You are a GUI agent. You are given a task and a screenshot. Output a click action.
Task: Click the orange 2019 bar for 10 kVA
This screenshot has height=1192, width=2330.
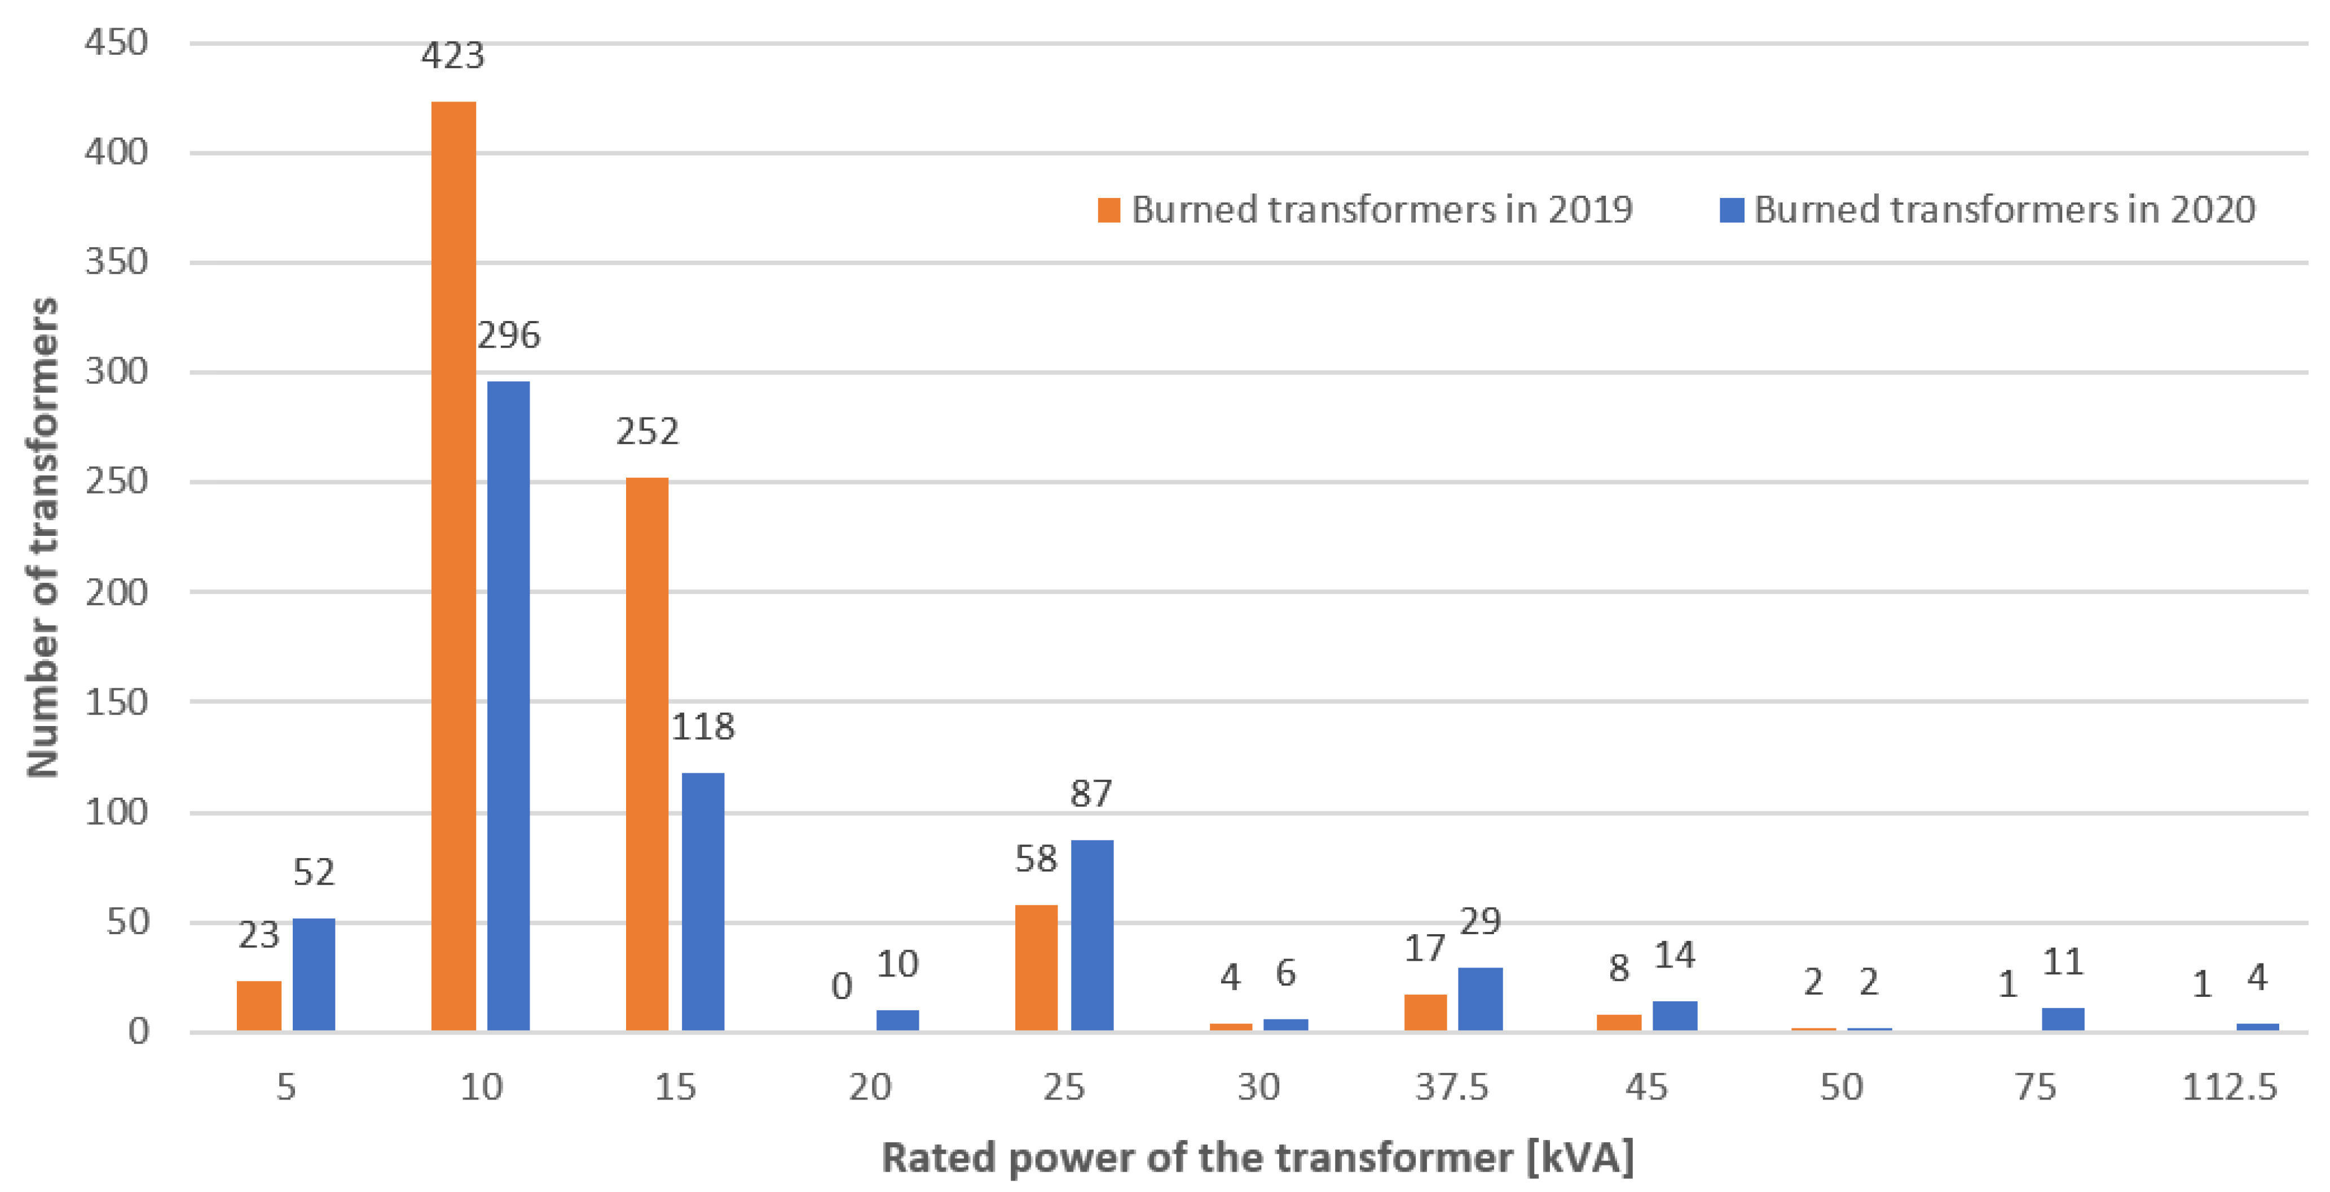click(453, 565)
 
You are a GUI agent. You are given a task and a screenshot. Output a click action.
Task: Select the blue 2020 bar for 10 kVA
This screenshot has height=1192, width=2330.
click(508, 705)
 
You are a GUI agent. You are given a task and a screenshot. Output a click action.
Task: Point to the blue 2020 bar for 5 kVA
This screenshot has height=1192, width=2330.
click(313, 974)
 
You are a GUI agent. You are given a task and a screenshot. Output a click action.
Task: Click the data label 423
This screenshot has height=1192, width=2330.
click(452, 56)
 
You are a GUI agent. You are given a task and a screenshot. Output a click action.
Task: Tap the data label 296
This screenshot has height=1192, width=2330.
click(508, 336)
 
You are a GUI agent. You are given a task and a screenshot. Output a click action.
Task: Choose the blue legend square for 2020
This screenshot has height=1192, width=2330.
click(1731, 210)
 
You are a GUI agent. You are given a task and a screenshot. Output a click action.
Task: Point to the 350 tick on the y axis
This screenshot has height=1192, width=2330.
click(116, 262)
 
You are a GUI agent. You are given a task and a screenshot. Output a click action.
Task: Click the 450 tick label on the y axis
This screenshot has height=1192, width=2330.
click(116, 42)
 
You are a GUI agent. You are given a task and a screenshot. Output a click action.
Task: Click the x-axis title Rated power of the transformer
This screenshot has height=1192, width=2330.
click(1257, 1158)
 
